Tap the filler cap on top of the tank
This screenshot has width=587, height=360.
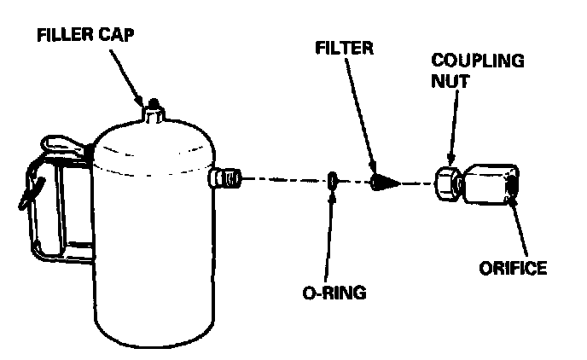(x=154, y=108)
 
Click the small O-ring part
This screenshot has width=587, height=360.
(x=333, y=180)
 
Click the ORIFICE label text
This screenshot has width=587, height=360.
(x=511, y=269)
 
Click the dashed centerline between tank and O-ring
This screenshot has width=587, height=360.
(x=282, y=180)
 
